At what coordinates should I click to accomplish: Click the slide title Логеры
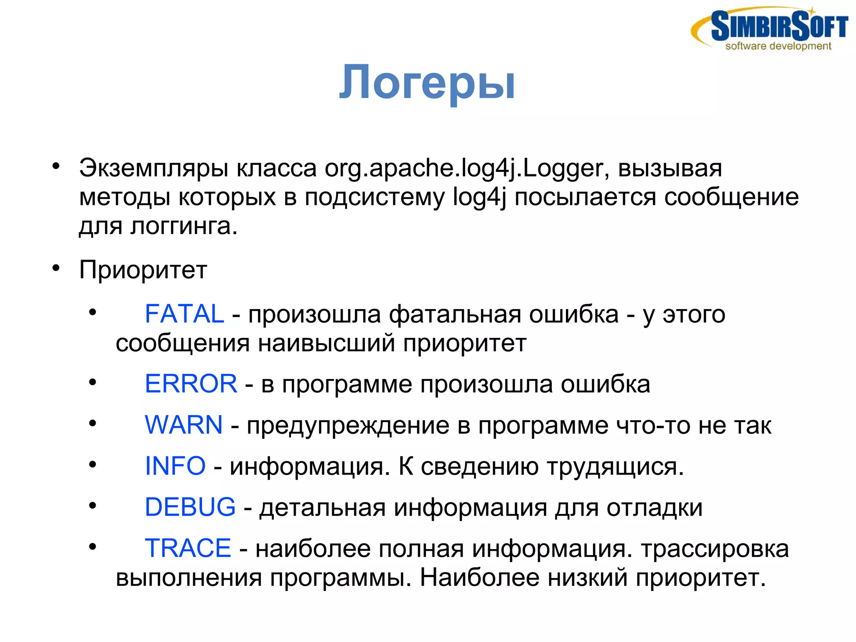coord(427,82)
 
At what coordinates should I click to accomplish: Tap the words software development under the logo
coord(778,46)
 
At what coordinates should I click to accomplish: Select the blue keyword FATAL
coord(184,314)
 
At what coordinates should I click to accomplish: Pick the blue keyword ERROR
coord(191,384)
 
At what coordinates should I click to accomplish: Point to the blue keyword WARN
coord(183,425)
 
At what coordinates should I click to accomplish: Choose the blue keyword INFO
coord(175,466)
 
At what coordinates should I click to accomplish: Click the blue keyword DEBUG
coord(190,507)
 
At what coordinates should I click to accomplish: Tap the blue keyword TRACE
coord(188,548)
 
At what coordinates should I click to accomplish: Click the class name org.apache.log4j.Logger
coord(464,169)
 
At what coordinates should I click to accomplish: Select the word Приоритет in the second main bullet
coord(143,270)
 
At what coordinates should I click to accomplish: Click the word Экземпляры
coord(154,169)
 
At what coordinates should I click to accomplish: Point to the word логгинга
coord(184,226)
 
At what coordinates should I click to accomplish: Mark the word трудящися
coord(615,466)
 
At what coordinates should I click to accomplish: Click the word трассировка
coord(715,549)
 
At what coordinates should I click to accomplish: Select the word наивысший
coord(326,343)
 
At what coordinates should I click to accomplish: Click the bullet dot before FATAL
coord(93,312)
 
